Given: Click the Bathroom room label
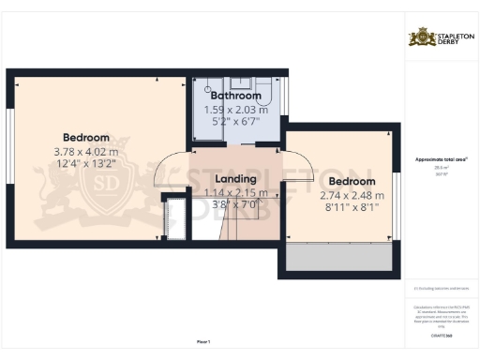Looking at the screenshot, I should [235, 96].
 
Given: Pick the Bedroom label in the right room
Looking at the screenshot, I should [352, 181].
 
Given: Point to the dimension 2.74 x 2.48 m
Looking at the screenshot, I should [352, 196].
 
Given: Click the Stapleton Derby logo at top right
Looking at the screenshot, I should [439, 37].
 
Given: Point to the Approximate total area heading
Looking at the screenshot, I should [441, 159].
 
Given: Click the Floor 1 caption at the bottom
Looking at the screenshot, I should [203, 340].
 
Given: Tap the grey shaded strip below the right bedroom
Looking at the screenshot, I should [339, 259].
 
